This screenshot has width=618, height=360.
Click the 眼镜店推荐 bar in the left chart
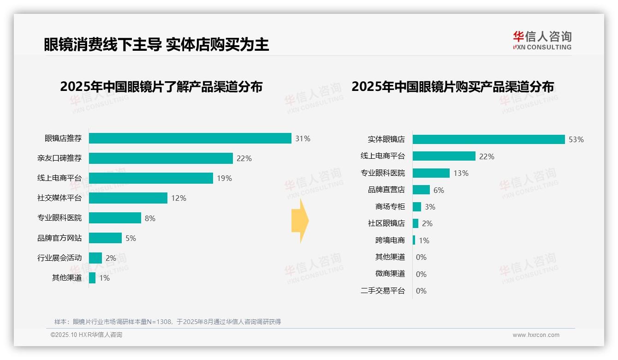(190, 138)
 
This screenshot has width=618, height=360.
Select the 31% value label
(303, 138)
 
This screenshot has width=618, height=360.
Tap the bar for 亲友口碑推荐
(160, 158)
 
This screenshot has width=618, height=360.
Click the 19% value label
(224, 178)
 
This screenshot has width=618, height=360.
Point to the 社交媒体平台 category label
(59, 198)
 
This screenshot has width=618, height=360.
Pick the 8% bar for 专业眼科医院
(115, 218)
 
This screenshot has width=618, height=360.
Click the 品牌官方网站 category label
(59, 238)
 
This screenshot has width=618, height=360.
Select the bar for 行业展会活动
(95, 258)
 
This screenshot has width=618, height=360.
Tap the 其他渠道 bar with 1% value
(92, 278)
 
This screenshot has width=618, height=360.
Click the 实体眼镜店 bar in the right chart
(488, 139)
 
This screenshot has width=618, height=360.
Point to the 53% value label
(576, 139)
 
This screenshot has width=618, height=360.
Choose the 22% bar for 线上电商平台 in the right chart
(444, 156)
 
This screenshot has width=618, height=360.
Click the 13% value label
(461, 173)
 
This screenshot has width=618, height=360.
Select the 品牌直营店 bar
(421, 190)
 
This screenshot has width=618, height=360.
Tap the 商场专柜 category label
(390, 207)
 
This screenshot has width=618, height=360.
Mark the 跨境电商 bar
(414, 240)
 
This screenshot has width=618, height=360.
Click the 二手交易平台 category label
(383, 291)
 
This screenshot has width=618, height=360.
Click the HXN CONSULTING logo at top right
(542, 41)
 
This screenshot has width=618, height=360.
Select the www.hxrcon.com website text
(536, 335)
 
